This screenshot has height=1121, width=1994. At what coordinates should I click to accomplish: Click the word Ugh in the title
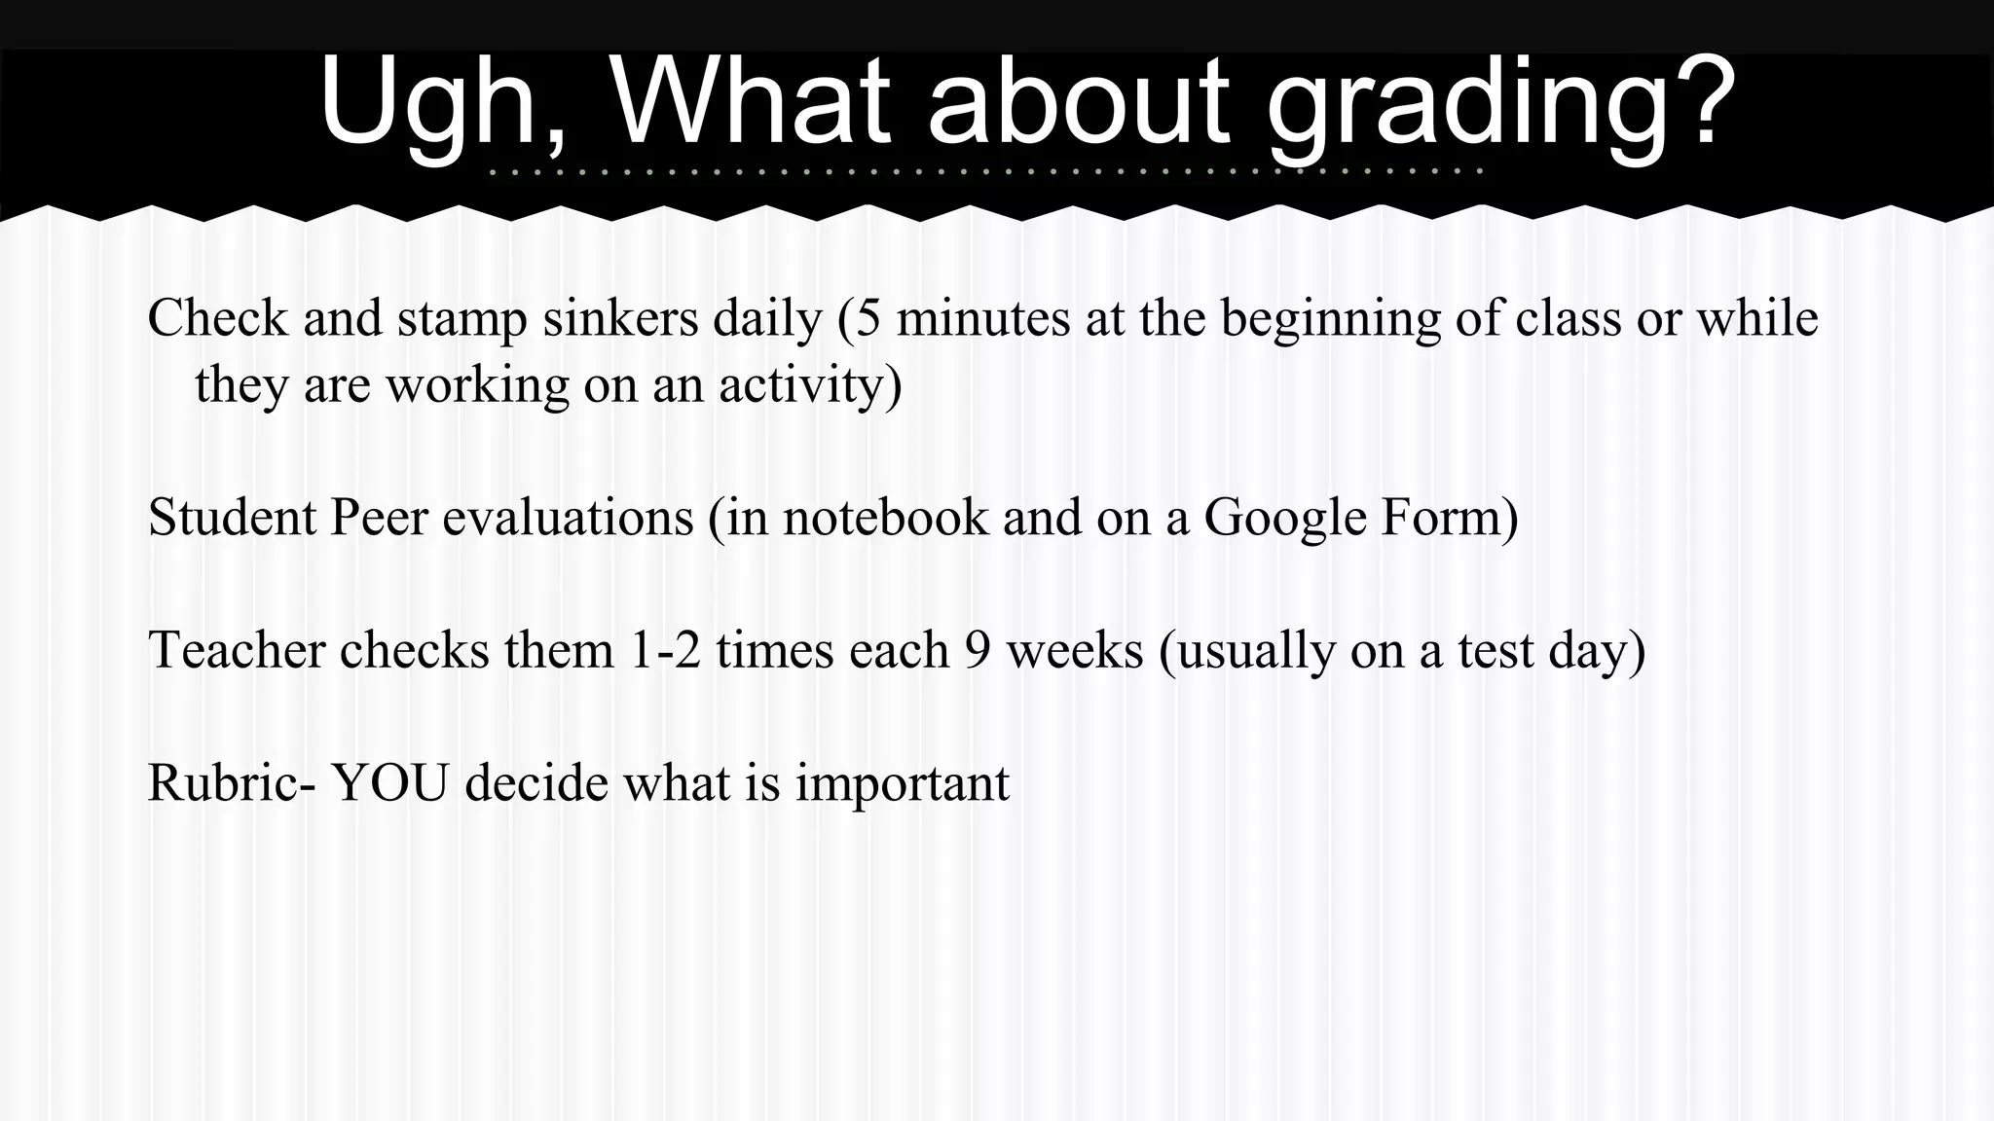(x=441, y=105)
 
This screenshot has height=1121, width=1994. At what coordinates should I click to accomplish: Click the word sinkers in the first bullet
(x=620, y=318)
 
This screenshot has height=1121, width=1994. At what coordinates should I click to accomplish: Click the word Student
(x=232, y=517)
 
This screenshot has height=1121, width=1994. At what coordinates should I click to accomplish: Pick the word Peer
(x=379, y=517)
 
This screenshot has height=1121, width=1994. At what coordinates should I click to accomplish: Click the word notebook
(x=885, y=517)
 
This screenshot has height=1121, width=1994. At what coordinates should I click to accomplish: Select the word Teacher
(x=237, y=649)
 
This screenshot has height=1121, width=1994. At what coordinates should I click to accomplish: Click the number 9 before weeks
(x=978, y=650)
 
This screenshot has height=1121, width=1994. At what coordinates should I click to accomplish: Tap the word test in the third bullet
(x=1495, y=650)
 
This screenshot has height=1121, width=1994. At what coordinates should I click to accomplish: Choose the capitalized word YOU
(x=390, y=782)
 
